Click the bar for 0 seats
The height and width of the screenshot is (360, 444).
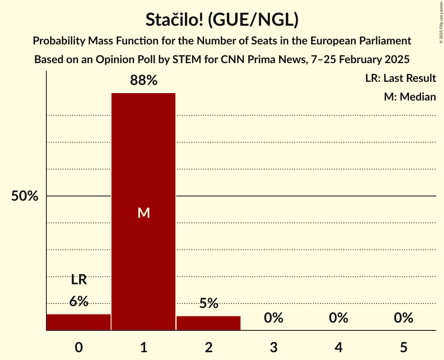[79, 322]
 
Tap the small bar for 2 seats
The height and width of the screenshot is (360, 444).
[209, 323]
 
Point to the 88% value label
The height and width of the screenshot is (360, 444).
[143, 81]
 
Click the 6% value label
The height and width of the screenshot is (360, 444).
[79, 301]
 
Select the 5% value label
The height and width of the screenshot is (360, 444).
[209, 303]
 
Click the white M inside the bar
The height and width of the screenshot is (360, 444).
[143, 213]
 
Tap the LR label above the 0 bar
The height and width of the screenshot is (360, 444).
[79, 280]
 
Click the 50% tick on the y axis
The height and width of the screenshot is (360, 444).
[25, 196]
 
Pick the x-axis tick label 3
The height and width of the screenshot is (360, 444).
[274, 347]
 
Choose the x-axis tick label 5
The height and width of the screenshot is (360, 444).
[403, 347]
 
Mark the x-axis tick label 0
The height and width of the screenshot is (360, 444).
[79, 347]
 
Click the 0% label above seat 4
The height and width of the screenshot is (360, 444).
[338, 318]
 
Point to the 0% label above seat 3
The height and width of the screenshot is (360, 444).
[274, 318]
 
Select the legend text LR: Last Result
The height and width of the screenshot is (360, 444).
[400, 78]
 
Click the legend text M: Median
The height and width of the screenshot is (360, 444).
[410, 97]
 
